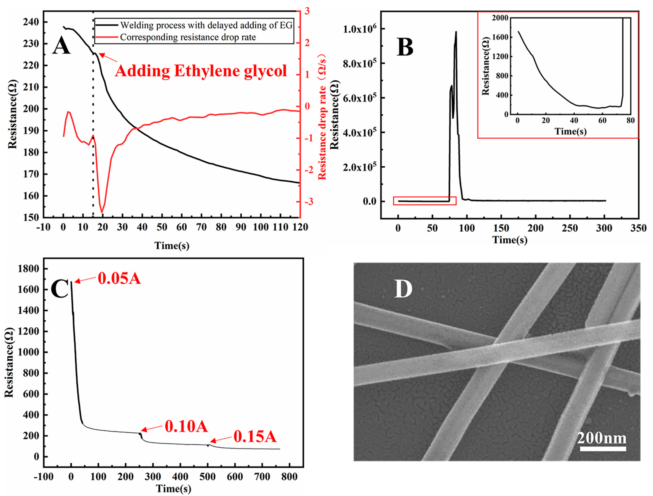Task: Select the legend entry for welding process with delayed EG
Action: coord(206,25)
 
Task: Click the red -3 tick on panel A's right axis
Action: coord(307,202)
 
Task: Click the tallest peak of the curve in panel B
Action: coord(456,32)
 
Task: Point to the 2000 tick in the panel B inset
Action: coord(500,18)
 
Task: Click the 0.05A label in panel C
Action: coord(119,278)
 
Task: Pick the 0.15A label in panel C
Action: coord(255,437)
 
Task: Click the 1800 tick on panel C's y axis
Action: coord(28,269)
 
